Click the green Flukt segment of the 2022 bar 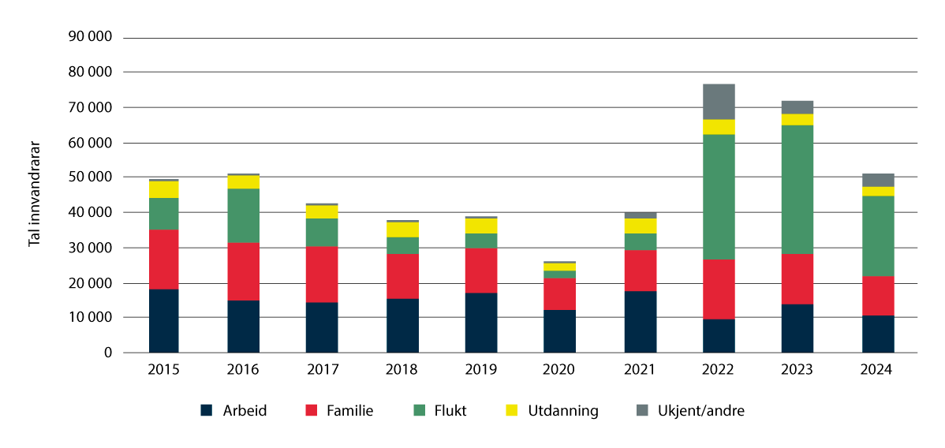tap(719, 196)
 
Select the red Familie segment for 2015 tap(163, 259)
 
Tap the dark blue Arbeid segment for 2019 tap(480, 323)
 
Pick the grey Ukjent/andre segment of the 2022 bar tap(719, 102)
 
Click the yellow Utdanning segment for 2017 tap(322, 211)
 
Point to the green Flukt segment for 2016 tap(243, 215)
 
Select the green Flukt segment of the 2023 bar tap(797, 189)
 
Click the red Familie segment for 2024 tap(877, 296)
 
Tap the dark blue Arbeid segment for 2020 tap(559, 331)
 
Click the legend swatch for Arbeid tap(207, 410)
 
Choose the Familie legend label tap(348, 410)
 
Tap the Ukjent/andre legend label tap(700, 410)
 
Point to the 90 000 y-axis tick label tap(92, 37)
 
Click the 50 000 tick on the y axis tap(92, 177)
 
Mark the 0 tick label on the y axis tap(109, 353)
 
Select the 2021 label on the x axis tap(639, 370)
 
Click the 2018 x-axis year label tap(402, 370)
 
